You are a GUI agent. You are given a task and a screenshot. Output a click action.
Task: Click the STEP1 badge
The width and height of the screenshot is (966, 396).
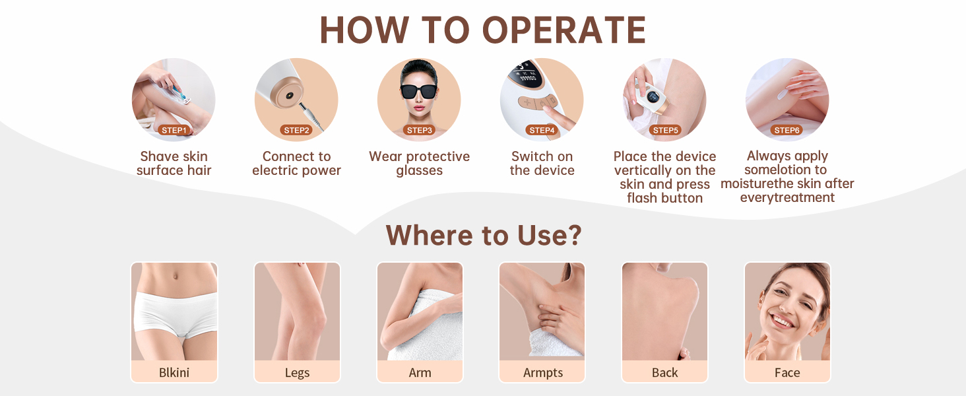[174, 130]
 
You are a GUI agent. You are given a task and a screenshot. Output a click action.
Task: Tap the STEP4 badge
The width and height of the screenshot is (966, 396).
[542, 130]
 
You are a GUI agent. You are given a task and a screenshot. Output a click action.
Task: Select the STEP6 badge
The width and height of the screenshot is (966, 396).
[787, 130]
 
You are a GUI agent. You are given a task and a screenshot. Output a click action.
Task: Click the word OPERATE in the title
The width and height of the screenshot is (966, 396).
[563, 30]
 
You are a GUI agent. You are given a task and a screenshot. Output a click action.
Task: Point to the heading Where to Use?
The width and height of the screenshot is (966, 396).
[484, 235]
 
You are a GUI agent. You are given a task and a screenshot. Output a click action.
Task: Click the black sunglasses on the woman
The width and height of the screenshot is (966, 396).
[418, 92]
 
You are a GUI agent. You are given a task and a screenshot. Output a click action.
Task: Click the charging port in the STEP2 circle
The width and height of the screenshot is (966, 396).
[290, 95]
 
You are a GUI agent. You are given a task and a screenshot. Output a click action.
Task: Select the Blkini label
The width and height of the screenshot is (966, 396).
[174, 372]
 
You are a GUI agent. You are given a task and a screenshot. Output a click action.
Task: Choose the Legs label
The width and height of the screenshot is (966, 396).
[297, 373]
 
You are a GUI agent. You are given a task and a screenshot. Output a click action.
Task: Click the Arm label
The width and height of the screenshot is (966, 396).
[420, 372]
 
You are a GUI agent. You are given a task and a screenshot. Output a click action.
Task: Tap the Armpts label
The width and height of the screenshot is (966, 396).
[542, 373]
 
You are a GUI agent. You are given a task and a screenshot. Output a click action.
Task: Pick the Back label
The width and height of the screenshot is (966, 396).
[664, 372]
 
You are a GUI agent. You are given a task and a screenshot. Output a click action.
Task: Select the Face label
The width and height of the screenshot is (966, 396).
[787, 372]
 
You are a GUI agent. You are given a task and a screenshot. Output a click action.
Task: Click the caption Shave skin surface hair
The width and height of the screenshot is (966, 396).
[174, 163]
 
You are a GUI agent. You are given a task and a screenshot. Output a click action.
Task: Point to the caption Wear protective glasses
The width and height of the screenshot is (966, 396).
[419, 163]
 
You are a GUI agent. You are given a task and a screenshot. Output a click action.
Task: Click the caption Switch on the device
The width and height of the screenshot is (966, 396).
[542, 163]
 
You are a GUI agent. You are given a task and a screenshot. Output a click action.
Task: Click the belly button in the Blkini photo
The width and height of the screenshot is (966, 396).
[175, 275]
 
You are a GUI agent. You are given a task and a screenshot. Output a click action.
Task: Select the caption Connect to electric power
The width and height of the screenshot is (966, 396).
[296, 163]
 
